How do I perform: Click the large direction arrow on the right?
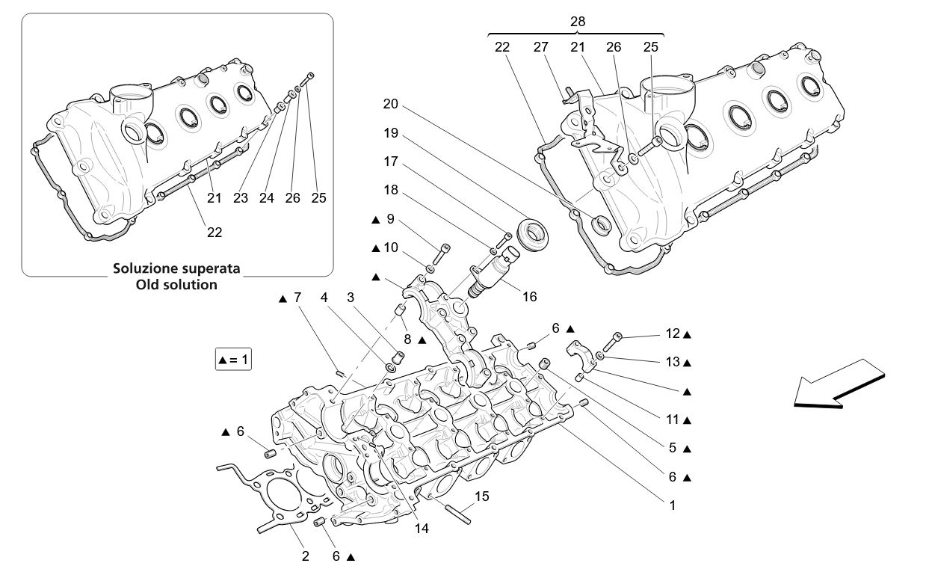pyautogui.click(x=839, y=383)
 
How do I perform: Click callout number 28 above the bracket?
pyautogui.click(x=578, y=22)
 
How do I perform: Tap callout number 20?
pyautogui.click(x=390, y=104)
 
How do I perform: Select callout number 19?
pyautogui.click(x=390, y=133)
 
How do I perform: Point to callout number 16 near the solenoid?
pyautogui.click(x=529, y=297)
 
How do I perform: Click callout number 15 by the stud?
pyautogui.click(x=482, y=495)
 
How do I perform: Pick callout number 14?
pyautogui.click(x=422, y=528)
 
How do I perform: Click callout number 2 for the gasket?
pyautogui.click(x=305, y=556)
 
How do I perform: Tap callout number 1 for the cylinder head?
pyautogui.click(x=672, y=505)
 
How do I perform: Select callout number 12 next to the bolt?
pyautogui.click(x=673, y=334)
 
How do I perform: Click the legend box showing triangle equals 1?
pyautogui.click(x=232, y=360)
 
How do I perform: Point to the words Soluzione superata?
pyautogui.click(x=176, y=268)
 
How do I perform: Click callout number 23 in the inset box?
pyautogui.click(x=240, y=198)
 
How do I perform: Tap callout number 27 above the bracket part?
pyautogui.click(x=541, y=46)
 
